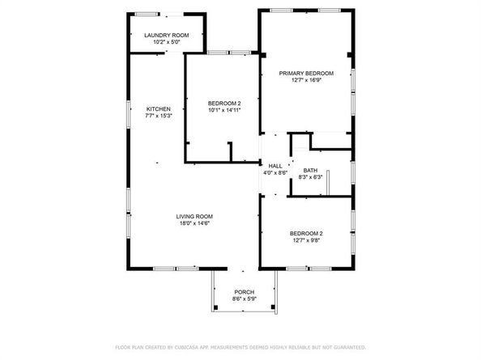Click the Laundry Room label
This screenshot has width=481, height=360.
pos(166,36)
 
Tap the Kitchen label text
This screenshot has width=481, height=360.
pos(158,109)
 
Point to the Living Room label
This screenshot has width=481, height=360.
pos(195,216)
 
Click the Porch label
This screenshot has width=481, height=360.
pos(244,291)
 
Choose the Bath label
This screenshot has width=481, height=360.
pos(310,170)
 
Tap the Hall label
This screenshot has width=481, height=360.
pos(275,165)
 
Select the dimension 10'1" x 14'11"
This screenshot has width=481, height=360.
pos(224,110)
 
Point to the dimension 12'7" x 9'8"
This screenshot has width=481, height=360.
pos(306,240)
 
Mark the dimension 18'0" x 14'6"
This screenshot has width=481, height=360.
pos(195,223)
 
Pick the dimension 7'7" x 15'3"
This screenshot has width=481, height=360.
pos(158,116)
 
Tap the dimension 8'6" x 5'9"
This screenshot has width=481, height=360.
pos(244,299)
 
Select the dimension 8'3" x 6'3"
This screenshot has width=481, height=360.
pos(310,177)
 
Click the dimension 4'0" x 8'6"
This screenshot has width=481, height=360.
pos(275,172)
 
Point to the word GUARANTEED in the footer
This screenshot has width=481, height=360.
pos(344,347)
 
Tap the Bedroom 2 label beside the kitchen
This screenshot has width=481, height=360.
pos(224,103)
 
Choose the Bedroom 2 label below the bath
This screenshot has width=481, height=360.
pos(306,233)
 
